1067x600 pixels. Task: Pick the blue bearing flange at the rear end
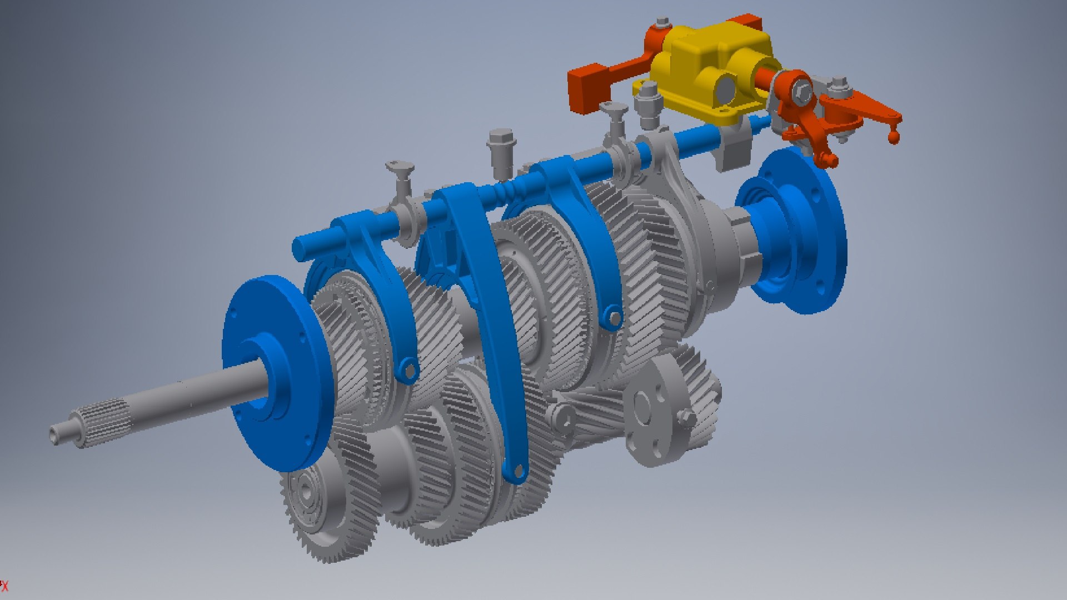[795, 233]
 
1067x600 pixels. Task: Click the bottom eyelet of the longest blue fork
[517, 472]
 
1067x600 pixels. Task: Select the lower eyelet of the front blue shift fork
[409, 370]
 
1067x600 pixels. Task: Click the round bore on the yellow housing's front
[726, 88]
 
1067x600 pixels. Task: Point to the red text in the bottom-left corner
[4, 586]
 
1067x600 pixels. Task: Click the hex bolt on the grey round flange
[686, 417]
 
